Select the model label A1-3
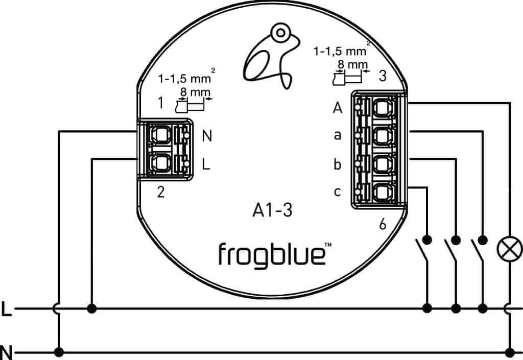(272, 210)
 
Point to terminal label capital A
(337, 108)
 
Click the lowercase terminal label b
(337, 164)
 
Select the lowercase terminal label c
(337, 193)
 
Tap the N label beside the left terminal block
(207, 136)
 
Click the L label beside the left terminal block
(206, 164)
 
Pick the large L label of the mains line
(6, 309)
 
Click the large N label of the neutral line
(6, 352)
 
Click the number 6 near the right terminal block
(383, 224)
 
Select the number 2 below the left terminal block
(161, 193)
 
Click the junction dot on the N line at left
(59, 351)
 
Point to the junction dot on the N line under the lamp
(509, 351)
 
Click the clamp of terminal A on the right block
(381, 108)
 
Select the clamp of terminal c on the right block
(381, 193)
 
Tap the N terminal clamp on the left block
(161, 135)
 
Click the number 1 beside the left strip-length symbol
(161, 103)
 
